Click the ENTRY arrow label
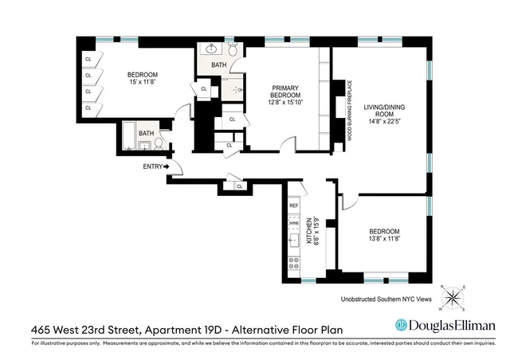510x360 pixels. [157, 166]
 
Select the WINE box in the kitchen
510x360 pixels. [293, 225]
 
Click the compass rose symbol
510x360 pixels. [453, 297]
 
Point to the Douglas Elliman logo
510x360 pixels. [445, 325]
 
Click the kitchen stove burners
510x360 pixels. [293, 260]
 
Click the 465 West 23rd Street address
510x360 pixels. [84, 327]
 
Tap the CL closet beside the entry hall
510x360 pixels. [240, 186]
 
